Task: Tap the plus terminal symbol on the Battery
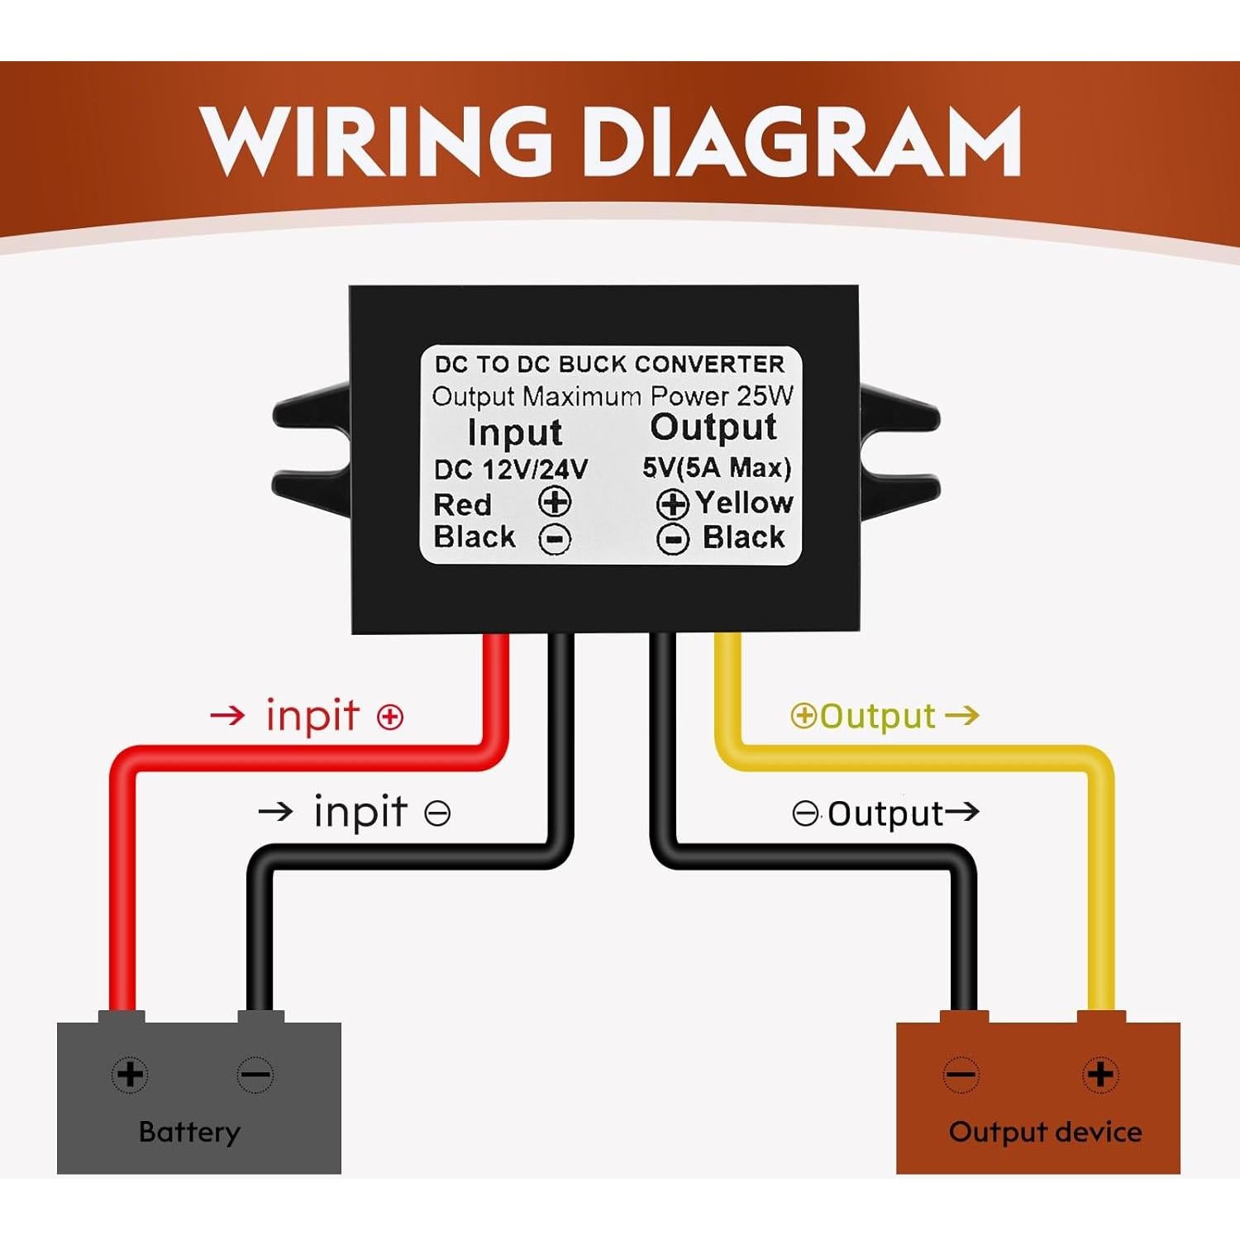[130, 1075]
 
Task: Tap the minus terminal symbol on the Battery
[255, 1075]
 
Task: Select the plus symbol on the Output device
[1099, 1075]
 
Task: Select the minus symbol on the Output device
[961, 1075]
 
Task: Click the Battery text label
[189, 1131]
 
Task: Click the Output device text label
[1045, 1131]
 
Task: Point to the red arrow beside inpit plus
[227, 715]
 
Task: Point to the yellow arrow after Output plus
[961, 714]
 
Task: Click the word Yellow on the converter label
[744, 502]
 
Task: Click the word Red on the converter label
[462, 504]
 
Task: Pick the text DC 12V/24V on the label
[511, 470]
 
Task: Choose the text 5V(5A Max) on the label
[717, 468]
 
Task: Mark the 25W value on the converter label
[765, 396]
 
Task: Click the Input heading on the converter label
[514, 432]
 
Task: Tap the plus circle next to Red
[555, 502]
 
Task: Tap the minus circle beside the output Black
[673, 539]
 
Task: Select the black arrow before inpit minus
[275, 812]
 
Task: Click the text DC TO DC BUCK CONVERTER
[609, 365]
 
